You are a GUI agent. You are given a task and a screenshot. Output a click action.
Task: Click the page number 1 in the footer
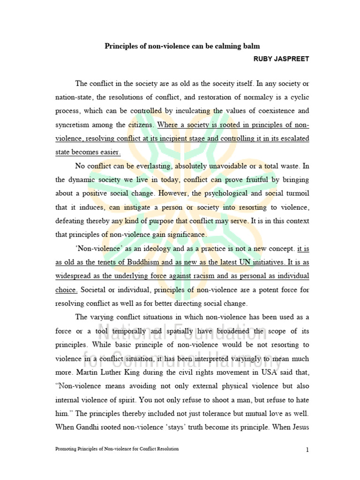tap(307, 450)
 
